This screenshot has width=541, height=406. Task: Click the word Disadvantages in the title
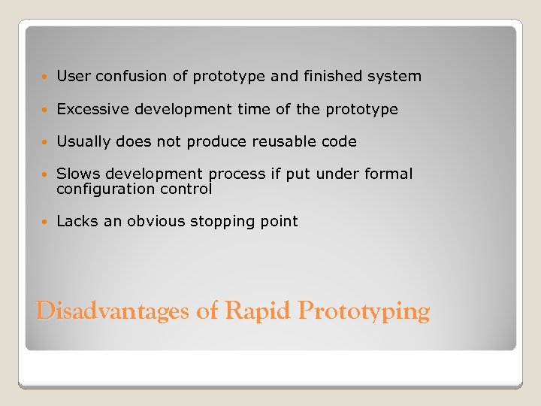click(x=112, y=311)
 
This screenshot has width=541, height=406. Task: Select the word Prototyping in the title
click(x=364, y=311)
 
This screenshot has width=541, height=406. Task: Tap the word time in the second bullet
click(x=252, y=109)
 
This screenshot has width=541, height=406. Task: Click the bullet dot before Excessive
click(x=46, y=110)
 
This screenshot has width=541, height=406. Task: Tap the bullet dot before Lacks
click(x=46, y=222)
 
